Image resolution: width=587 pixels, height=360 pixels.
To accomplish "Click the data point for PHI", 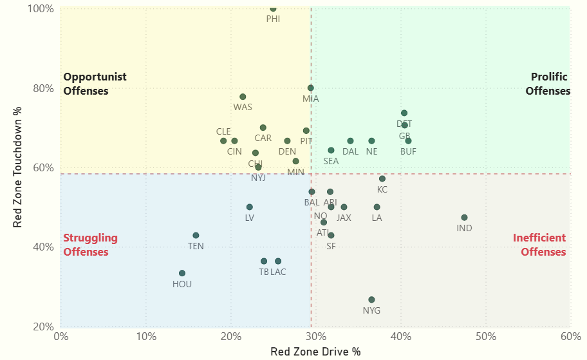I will coord(273,8).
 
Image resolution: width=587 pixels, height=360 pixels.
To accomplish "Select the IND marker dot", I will coord(464,218).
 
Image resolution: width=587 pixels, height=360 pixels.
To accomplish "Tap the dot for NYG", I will coord(371,299).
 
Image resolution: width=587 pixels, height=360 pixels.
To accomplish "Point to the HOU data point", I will coord(182,273).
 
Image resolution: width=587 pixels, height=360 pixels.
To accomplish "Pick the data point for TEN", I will coord(196,236).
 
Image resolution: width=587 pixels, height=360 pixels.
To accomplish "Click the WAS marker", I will coord(243,97).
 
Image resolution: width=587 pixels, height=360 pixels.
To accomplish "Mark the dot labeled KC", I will coord(382,178).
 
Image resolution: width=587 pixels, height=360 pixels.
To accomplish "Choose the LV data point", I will coord(250,207).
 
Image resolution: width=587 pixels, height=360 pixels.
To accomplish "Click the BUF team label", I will coord(408,152).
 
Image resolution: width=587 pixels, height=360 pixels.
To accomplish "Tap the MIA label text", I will coord(311,99).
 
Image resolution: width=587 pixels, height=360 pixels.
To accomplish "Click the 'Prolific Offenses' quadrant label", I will coord(548,84).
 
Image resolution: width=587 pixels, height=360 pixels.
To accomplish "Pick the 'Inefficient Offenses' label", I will coord(539,245).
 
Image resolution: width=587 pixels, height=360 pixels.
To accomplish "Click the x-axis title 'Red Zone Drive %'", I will coord(315,352).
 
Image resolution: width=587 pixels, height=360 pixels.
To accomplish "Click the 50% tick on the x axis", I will coord(485,336).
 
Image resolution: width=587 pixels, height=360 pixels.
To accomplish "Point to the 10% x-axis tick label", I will coord(146,336).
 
